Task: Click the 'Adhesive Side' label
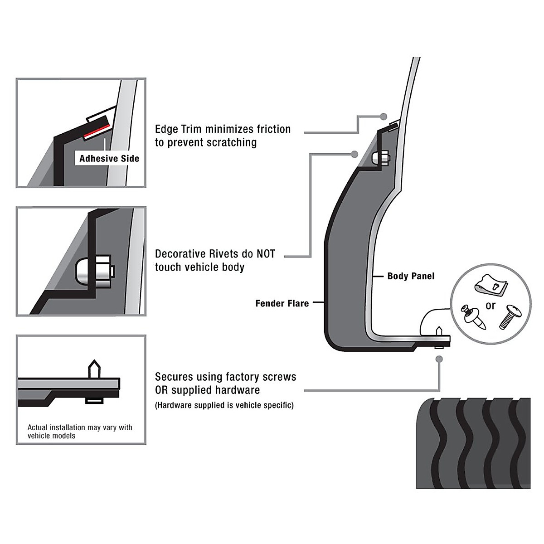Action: [109, 159]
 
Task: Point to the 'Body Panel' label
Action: [411, 276]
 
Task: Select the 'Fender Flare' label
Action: [282, 303]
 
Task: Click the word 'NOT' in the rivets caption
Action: [266, 254]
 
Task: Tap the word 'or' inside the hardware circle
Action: [491, 306]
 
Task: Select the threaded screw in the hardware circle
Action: [509, 318]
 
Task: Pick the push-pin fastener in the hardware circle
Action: [472, 318]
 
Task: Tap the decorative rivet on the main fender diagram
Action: [378, 158]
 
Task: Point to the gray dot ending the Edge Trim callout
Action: [384, 116]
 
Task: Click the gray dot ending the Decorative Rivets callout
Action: [355, 154]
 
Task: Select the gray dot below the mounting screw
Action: [438, 359]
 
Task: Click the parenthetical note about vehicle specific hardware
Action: [224, 405]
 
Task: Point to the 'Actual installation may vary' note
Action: [80, 431]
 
